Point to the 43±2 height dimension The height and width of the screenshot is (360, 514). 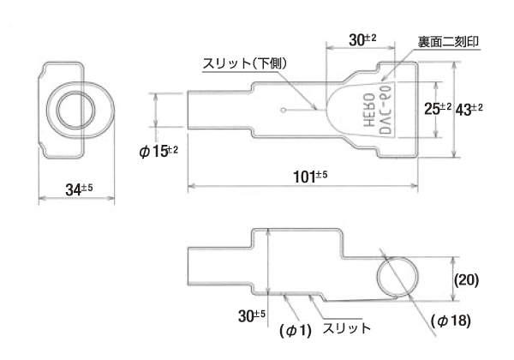pos(469,109)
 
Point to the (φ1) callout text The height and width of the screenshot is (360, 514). pos(296,330)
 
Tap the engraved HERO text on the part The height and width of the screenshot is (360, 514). pos(357,111)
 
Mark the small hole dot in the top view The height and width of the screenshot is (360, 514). pos(284,110)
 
